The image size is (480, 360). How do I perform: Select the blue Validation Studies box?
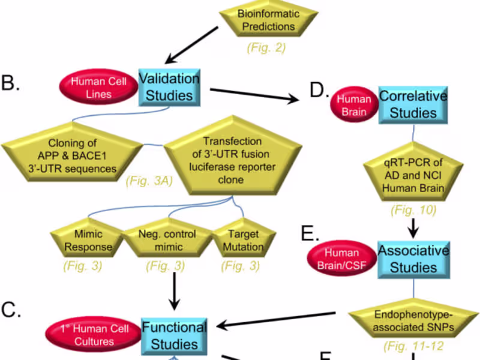(x=169, y=86)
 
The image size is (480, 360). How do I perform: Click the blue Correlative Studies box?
(x=413, y=104)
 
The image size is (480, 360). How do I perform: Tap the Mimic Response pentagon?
(x=89, y=240)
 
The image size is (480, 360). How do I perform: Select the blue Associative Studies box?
(x=413, y=258)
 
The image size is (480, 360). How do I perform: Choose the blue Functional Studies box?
(x=174, y=335)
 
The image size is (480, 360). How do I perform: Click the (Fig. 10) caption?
(x=414, y=211)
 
